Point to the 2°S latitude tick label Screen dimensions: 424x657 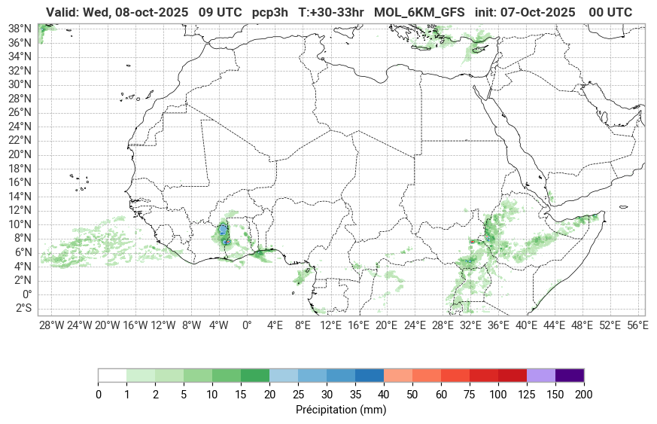pyautogui.click(x=22, y=308)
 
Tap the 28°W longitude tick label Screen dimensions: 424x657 pyautogui.click(x=51, y=325)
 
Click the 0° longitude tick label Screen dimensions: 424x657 pyautogui.click(x=247, y=325)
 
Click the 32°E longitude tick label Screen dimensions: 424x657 pyautogui.click(x=470, y=325)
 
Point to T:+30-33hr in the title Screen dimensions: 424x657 pyautogui.click(x=331, y=12)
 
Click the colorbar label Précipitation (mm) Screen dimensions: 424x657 pyautogui.click(x=341, y=410)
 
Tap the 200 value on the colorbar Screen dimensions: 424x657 pyautogui.click(x=584, y=395)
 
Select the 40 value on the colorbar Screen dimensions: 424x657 pyautogui.click(x=384, y=395)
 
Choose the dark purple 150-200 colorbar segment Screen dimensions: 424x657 pyautogui.click(x=570, y=375)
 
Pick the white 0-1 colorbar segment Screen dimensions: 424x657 pyautogui.click(x=112, y=375)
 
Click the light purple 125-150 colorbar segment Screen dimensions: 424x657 pyautogui.click(x=541, y=375)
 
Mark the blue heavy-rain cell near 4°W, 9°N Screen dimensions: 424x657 pyautogui.click(x=224, y=230)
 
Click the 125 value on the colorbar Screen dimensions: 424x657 pyautogui.click(x=527, y=395)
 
